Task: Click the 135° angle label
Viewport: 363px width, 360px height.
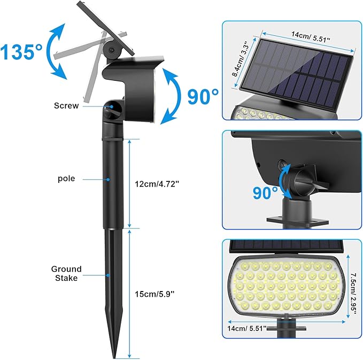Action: point(21,52)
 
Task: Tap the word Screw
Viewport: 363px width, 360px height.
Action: point(66,105)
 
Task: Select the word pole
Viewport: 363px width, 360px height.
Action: point(66,179)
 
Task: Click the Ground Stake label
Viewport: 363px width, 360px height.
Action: point(66,273)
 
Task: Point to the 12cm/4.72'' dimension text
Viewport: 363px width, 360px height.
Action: point(157,183)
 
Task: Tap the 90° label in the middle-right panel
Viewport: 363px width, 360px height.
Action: point(266,193)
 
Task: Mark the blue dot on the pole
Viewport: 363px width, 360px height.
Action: point(109,180)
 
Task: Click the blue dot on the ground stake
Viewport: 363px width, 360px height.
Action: point(109,274)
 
